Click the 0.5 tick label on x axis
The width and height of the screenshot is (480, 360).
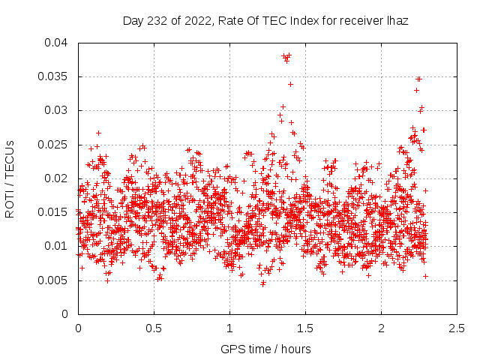[154, 328]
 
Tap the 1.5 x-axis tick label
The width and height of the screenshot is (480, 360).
[305, 328]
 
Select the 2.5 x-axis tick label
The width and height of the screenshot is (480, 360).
[457, 328]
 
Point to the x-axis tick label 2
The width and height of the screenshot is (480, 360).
[381, 328]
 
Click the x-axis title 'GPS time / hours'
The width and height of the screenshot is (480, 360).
[266, 349]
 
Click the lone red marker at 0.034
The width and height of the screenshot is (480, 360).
[290, 84]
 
